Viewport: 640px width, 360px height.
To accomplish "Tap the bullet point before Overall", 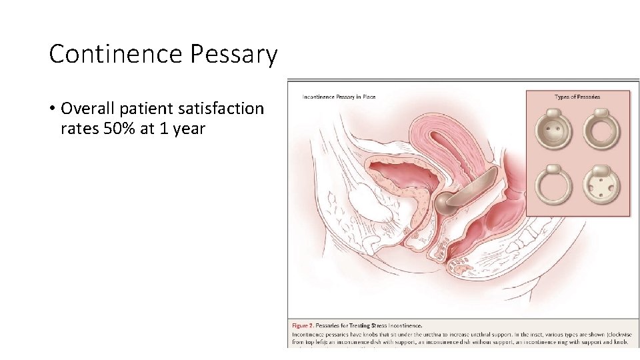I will (51, 109).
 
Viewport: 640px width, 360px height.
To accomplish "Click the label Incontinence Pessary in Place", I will (339, 97).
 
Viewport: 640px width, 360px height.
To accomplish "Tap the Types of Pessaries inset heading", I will (577, 97).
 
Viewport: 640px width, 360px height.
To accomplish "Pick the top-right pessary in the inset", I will (602, 127).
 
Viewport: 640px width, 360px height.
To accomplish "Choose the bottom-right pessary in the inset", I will (602, 187).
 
